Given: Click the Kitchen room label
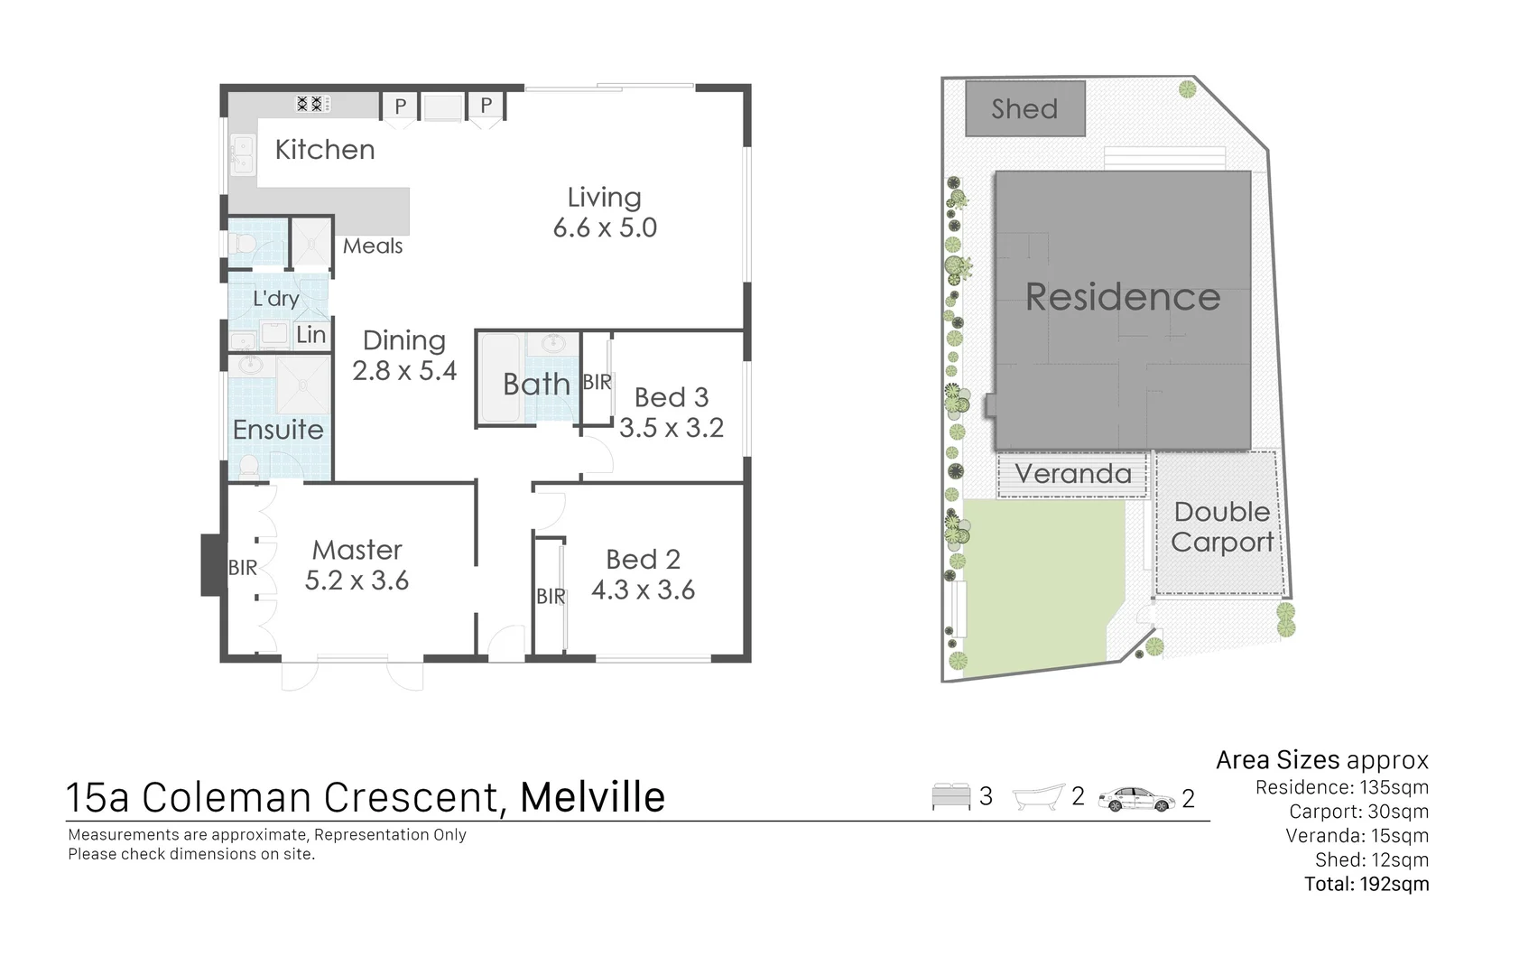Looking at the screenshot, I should pos(324,150).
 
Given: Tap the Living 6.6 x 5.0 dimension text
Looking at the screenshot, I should pos(605,228).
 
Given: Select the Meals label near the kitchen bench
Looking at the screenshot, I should pos(373,246).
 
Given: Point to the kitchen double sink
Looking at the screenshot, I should pos(242,154).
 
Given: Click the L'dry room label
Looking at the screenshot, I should pos(275,299).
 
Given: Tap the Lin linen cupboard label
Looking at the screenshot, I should pos(310,336).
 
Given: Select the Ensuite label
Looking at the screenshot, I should pos(278,430).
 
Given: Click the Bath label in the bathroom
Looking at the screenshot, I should pos(536,385).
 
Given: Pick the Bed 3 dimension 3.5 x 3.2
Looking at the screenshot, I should pos(672,428).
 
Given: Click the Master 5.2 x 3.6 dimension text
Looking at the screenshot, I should pos(357,580).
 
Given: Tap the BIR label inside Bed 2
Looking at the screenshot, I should pos(551,597).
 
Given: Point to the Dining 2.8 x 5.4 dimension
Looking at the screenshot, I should pos(404,371).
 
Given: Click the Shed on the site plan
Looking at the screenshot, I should pos(1024,109).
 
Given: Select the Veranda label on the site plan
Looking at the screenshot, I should pos(1072,474).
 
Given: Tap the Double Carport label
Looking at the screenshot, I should pos(1222,527).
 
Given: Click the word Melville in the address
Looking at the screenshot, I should pos(593,797).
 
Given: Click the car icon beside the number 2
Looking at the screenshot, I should pos(1136,799).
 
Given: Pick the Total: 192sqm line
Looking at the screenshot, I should pos(1366,885).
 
